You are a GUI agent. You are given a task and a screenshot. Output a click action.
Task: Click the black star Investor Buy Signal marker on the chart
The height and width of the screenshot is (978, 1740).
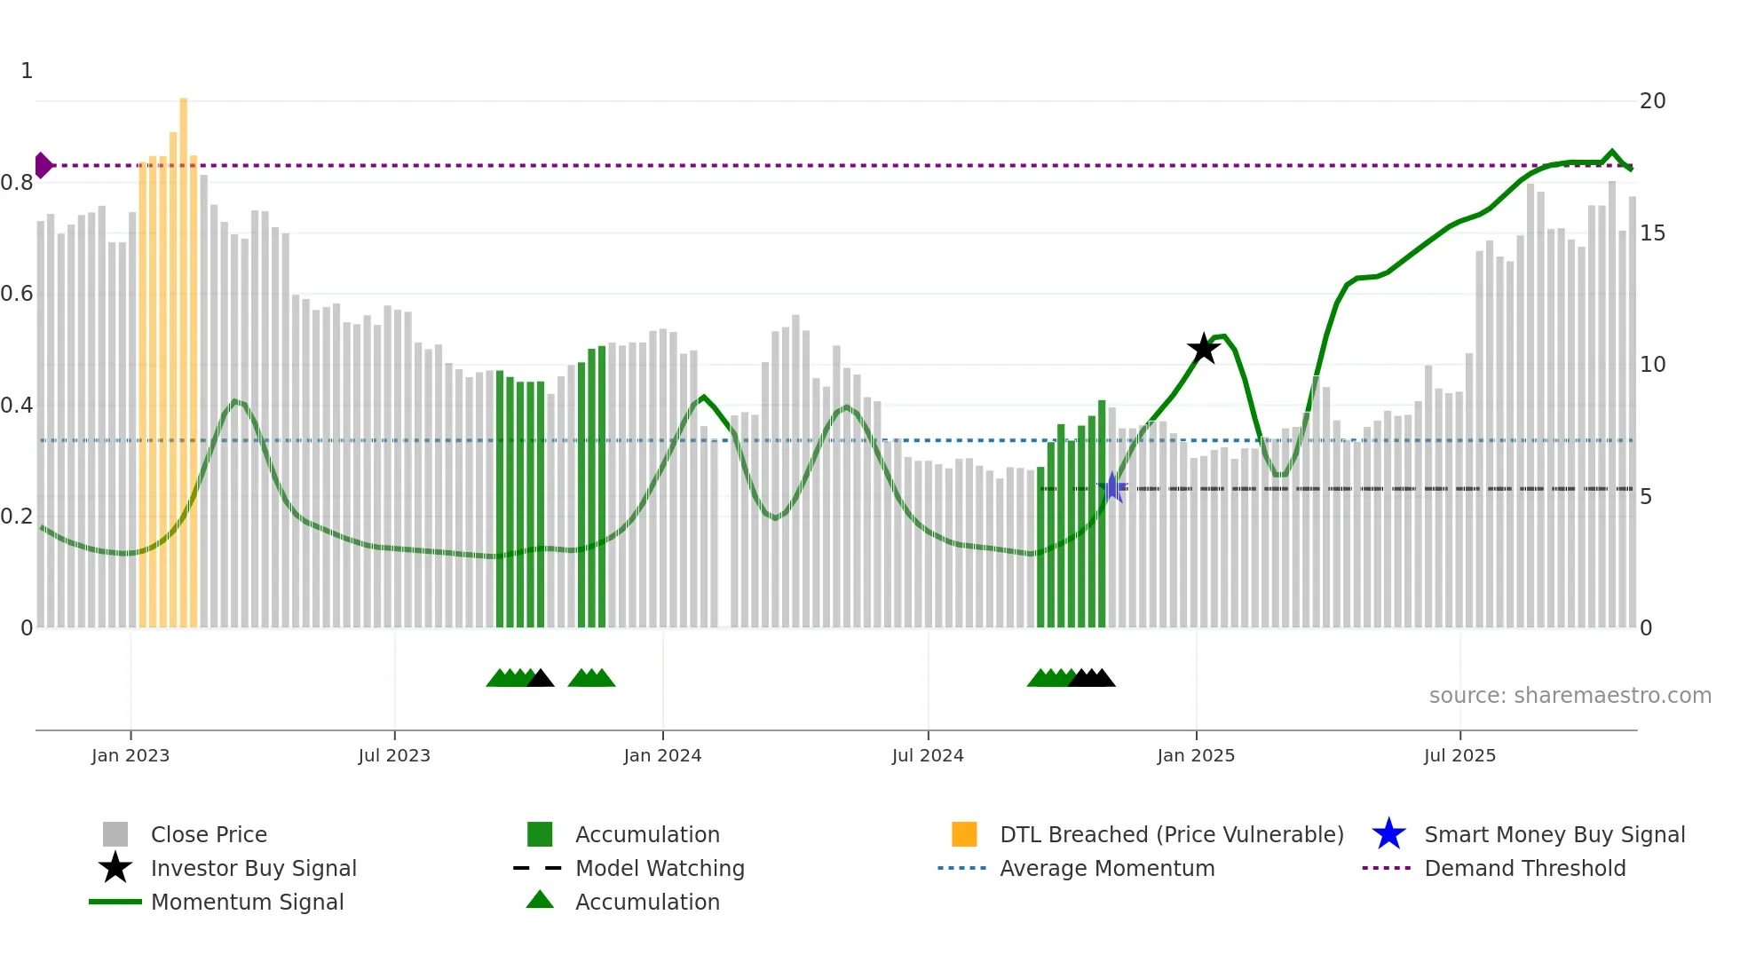(x=1204, y=349)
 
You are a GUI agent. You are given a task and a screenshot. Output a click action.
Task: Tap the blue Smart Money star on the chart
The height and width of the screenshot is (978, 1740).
(x=1112, y=487)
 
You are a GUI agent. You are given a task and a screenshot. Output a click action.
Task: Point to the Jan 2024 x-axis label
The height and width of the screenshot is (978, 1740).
(x=662, y=755)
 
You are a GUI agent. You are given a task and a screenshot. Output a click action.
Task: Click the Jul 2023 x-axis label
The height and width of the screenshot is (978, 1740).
(x=394, y=755)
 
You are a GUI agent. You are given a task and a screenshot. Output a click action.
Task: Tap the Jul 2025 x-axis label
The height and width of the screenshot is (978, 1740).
(x=1459, y=755)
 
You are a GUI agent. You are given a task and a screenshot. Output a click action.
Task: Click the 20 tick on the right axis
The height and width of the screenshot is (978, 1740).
(x=1652, y=101)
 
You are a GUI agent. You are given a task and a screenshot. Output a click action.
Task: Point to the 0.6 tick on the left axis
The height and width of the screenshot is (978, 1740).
(x=17, y=294)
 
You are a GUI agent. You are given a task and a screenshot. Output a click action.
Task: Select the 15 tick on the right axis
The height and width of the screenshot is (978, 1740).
(x=1652, y=233)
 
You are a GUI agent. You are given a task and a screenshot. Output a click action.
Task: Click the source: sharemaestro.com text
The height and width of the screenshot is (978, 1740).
(x=1570, y=696)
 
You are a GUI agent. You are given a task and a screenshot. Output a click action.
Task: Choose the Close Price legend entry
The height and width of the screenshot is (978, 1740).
(x=209, y=834)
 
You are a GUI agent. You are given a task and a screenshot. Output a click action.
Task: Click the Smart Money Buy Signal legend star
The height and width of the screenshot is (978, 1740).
(x=1388, y=834)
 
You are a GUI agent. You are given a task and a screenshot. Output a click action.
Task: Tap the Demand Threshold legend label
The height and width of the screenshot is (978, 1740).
(x=1524, y=868)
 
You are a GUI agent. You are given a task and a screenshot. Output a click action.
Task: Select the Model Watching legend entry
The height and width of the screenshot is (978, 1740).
(x=660, y=868)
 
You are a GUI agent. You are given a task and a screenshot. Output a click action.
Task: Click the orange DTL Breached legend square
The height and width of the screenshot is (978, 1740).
(x=964, y=834)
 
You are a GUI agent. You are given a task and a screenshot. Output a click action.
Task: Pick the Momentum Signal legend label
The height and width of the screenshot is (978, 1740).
(x=247, y=902)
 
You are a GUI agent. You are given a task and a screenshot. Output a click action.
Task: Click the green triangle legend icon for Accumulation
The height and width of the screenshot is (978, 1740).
(x=540, y=900)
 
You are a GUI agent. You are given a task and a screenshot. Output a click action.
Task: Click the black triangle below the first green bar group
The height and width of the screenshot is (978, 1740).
(x=541, y=679)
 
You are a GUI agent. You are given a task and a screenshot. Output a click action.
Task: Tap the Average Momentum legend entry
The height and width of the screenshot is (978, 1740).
(x=1107, y=868)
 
